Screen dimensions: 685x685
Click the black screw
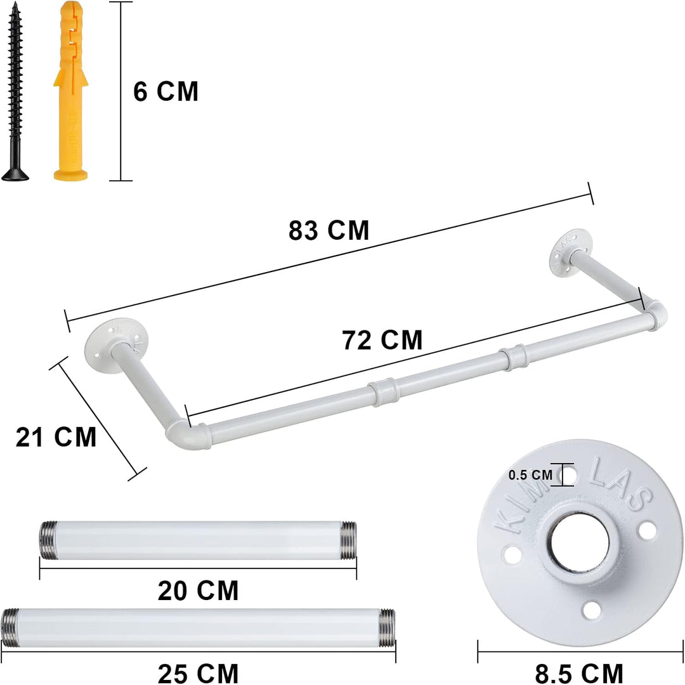point(16,92)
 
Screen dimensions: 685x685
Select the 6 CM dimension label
point(166,92)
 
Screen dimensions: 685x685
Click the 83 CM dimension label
point(329,230)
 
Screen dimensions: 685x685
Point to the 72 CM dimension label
point(382,341)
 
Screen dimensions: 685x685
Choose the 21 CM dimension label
point(56,437)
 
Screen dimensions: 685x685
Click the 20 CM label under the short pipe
point(198,590)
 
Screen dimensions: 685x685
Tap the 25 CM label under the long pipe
point(198,673)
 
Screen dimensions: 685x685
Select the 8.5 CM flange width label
point(579,673)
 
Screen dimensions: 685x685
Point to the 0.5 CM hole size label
point(530,475)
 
